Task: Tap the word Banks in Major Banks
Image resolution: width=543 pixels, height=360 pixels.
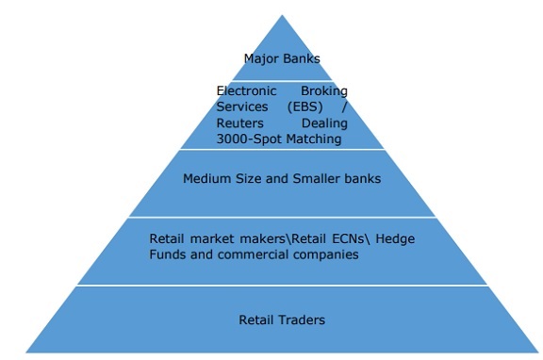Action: (x=302, y=58)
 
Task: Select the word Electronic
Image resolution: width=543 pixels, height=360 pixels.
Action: (x=247, y=91)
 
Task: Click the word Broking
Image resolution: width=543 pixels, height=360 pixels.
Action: (x=323, y=91)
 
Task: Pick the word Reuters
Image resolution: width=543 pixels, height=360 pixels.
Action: (x=240, y=123)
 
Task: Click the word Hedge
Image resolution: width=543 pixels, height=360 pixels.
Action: (x=395, y=238)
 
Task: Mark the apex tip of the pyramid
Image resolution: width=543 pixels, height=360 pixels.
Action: (x=282, y=15)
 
